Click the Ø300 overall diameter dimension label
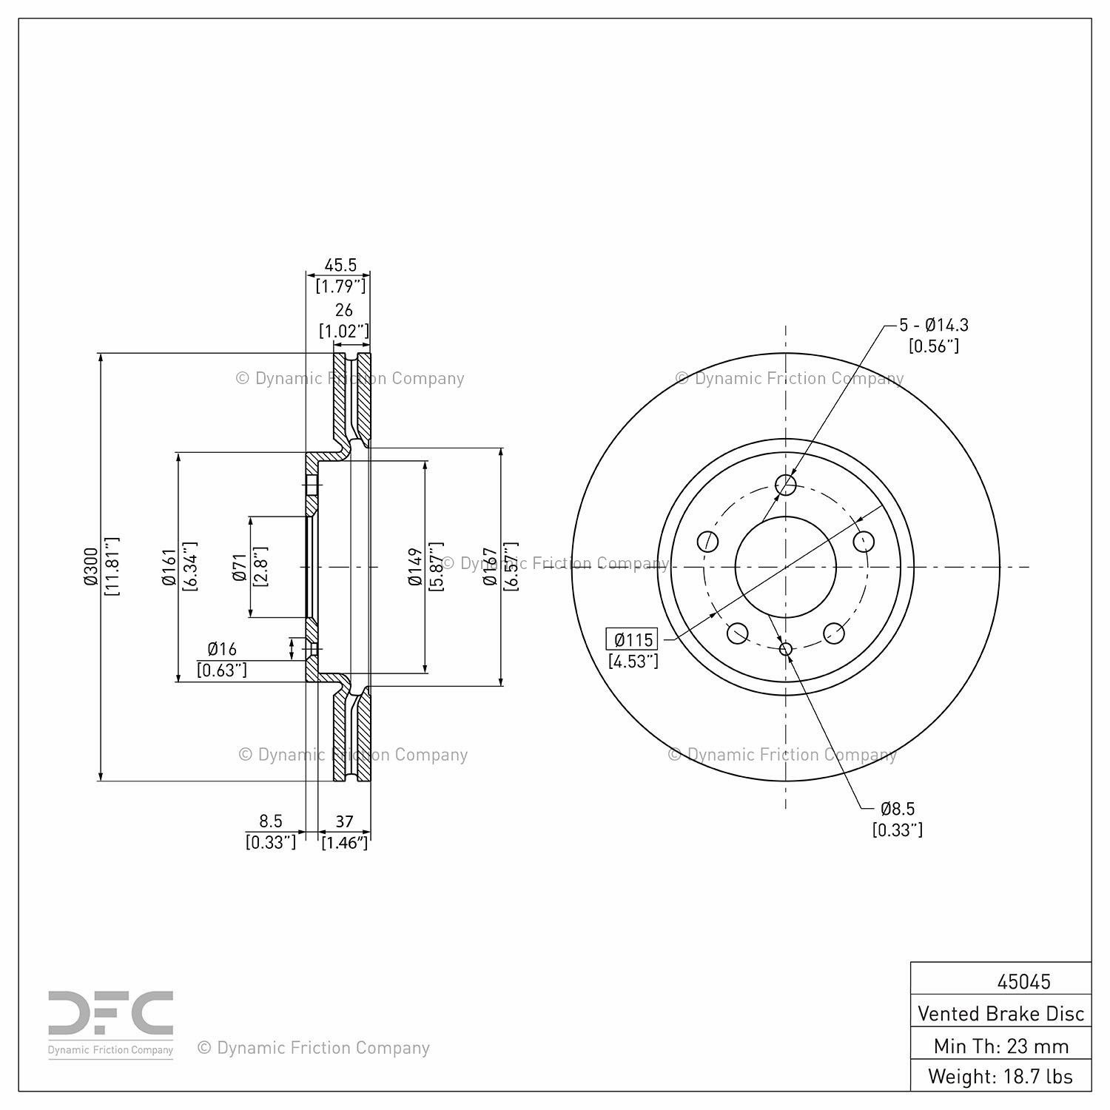pyautogui.click(x=90, y=567)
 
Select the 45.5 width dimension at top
pyautogui.click(x=340, y=265)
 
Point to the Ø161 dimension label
pyautogui.click(x=169, y=567)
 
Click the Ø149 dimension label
pyautogui.click(x=414, y=567)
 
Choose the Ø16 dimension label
pyautogui.click(x=222, y=649)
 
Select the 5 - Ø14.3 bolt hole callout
pyautogui.click(x=934, y=325)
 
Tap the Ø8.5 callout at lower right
pyautogui.click(x=898, y=809)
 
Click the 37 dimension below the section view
pyautogui.click(x=344, y=821)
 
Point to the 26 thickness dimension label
pyautogui.click(x=344, y=310)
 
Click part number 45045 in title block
pyautogui.click(x=1023, y=981)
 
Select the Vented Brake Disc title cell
pyautogui.click(x=1000, y=1013)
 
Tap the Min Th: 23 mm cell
pyautogui.click(x=1000, y=1046)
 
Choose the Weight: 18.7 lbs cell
pyautogui.click(x=1000, y=1076)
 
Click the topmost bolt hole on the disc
pyautogui.click(x=786, y=485)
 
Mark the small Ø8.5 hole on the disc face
pyautogui.click(x=786, y=649)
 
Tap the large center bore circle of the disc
pyautogui.click(x=786, y=567)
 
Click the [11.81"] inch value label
pyautogui.click(x=112, y=567)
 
